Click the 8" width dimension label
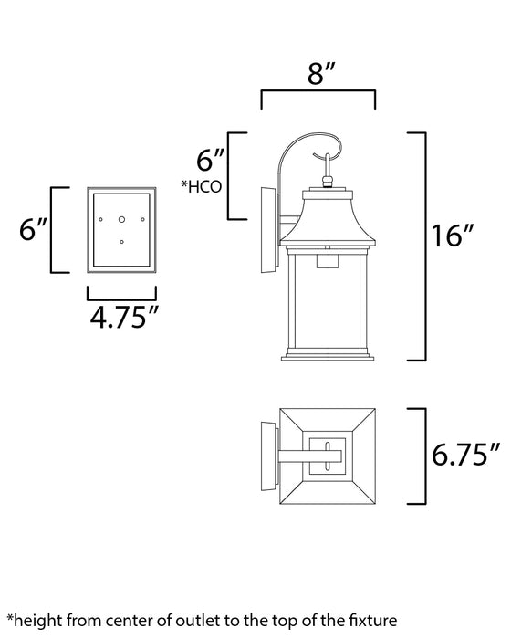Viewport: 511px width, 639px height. pos(318,76)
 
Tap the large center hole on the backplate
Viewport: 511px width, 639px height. pos(122,218)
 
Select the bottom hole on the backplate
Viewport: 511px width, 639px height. pos(122,241)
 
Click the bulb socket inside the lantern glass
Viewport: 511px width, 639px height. pos(327,262)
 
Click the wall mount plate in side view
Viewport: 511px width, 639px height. pos(266,230)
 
